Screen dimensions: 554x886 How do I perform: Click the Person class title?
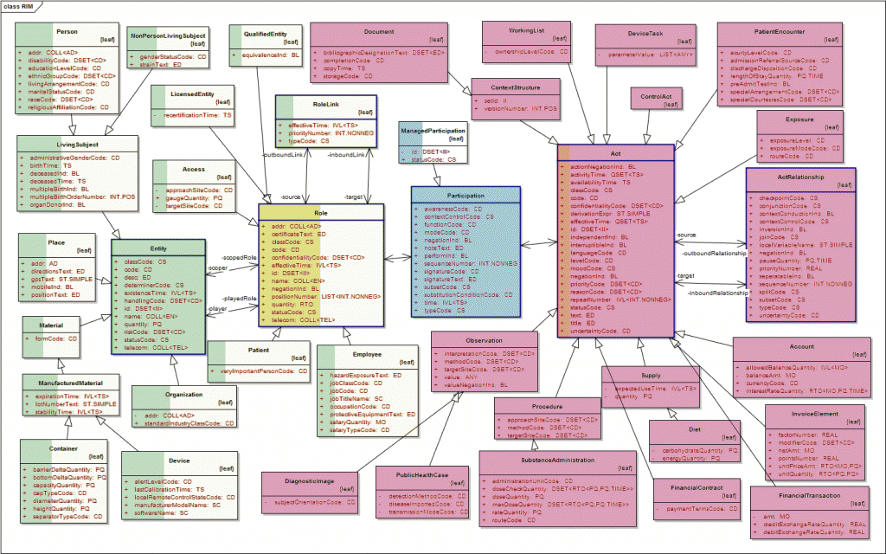pos(67,31)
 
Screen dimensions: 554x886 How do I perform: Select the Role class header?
pos(320,212)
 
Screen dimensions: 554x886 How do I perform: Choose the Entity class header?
pos(157,248)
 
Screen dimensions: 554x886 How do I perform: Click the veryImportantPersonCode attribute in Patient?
pos(259,370)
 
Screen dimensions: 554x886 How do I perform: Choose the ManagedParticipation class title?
pos(433,132)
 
